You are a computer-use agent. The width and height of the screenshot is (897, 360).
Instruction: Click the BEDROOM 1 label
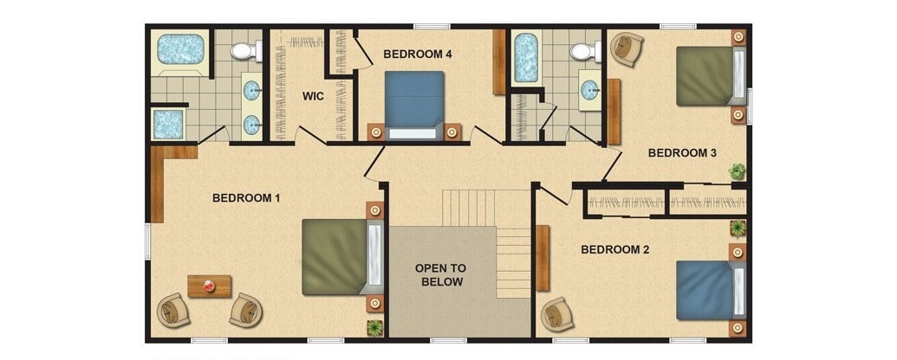[246, 198]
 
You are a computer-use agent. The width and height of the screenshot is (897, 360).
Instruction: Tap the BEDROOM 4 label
[418, 55]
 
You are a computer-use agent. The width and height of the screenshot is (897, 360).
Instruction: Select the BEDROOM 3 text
[682, 153]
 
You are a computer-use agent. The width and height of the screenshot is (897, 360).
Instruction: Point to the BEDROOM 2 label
[615, 250]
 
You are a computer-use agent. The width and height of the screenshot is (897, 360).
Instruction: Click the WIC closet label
[313, 97]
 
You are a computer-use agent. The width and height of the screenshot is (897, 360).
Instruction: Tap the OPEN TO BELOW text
[440, 275]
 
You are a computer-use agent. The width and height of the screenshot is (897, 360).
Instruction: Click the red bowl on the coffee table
[210, 286]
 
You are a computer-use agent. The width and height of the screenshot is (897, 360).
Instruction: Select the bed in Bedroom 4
[414, 105]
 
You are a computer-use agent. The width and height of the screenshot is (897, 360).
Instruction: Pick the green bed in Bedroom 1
[342, 257]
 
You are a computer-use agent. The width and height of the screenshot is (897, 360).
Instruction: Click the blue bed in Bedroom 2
[711, 290]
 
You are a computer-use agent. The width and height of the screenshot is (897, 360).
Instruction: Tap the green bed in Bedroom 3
[711, 76]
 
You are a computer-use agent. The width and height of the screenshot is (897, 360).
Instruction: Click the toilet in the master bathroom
[246, 51]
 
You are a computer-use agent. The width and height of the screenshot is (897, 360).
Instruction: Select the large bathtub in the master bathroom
[181, 49]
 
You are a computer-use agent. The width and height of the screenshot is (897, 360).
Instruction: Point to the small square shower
[168, 124]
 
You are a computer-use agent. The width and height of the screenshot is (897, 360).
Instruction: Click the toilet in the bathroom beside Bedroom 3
[586, 52]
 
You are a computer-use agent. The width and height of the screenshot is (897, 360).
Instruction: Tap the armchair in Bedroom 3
[627, 48]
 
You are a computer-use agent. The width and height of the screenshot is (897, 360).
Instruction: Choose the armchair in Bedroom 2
[557, 314]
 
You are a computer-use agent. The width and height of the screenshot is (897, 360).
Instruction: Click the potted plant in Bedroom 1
[374, 327]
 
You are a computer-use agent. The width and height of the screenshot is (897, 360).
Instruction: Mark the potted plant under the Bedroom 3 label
[738, 170]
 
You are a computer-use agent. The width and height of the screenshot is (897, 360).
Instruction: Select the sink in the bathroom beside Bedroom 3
[590, 89]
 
